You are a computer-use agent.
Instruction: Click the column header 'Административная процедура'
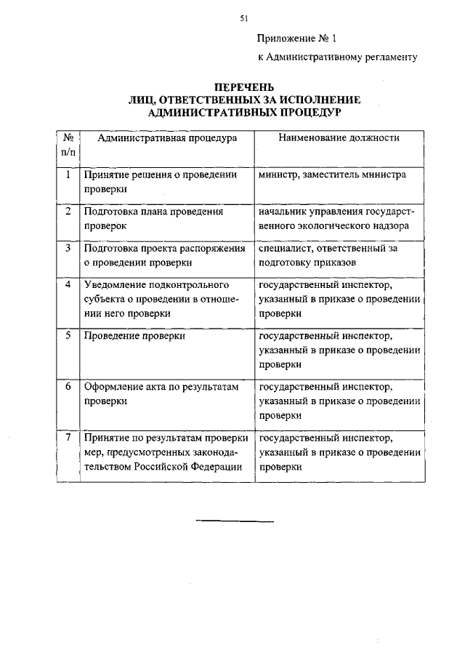click(x=167, y=138)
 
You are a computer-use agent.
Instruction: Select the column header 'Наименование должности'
click(x=339, y=138)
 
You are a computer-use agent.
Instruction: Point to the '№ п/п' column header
click(x=68, y=145)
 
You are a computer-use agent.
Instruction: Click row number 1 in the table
click(x=68, y=175)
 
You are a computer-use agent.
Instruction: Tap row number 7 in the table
click(x=68, y=438)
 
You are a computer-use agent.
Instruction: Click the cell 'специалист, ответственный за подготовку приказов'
click(x=328, y=255)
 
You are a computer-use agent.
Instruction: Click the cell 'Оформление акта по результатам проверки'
click(x=161, y=393)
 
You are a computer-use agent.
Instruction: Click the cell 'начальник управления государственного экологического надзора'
click(x=336, y=219)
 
